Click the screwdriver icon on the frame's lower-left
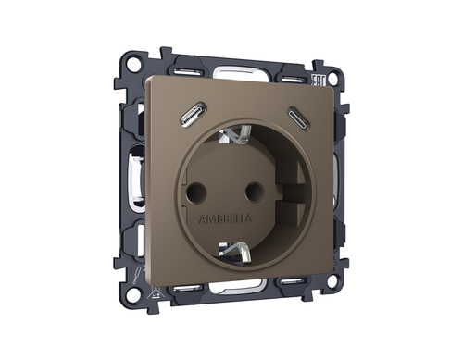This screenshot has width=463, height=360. [134, 273]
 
